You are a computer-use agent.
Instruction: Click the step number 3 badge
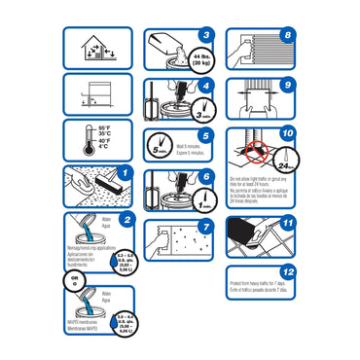[x=204, y=36]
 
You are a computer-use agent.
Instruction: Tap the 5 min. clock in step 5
[x=161, y=149]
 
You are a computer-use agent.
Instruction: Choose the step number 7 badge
[x=204, y=228]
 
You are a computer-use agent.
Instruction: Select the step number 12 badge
[x=286, y=273]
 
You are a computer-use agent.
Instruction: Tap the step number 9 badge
[x=286, y=86]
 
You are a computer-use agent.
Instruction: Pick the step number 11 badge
[x=286, y=225]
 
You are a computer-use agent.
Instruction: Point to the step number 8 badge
[x=286, y=36]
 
